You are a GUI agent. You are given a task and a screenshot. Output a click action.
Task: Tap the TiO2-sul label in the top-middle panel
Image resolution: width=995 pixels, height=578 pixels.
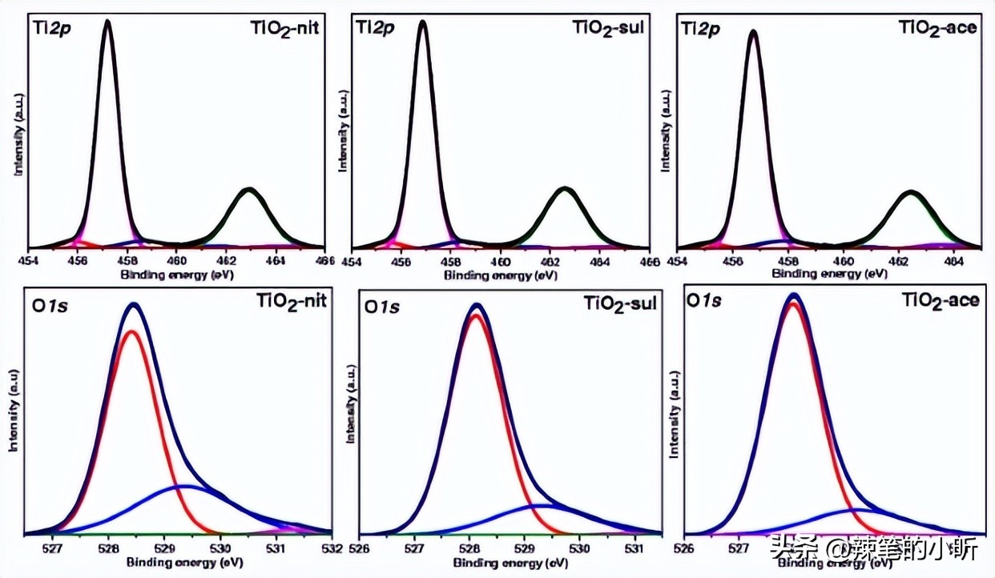pos(608,30)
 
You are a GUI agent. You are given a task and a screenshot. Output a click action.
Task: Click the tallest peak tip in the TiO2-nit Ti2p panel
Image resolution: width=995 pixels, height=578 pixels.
pos(107,22)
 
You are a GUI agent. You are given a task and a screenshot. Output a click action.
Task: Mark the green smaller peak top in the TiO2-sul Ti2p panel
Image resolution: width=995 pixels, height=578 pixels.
pos(566,189)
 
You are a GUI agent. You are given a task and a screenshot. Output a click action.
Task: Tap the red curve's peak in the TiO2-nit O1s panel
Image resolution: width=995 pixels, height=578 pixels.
pos(132,331)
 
